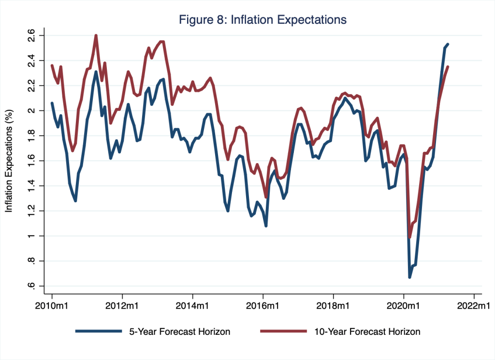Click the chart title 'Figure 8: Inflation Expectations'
[262, 20]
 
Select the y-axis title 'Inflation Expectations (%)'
[9, 161]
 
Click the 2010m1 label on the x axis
[52, 306]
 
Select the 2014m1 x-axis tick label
[192, 306]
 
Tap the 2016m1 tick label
[263, 306]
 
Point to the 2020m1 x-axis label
[404, 306]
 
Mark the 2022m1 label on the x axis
[474, 306]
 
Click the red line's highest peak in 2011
[96, 35]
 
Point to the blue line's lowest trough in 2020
[409, 277]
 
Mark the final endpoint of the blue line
[448, 44]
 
